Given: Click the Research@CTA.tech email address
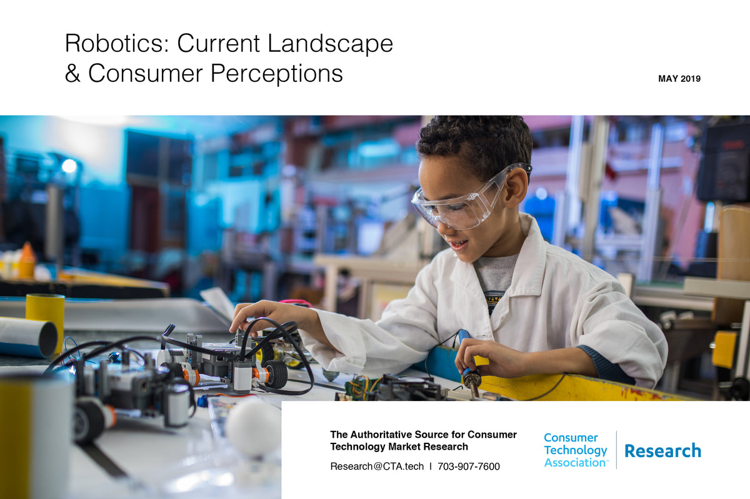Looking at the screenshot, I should (377, 466).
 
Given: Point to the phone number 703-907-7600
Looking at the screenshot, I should (468, 466).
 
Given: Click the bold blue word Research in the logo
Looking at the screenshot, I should (662, 450).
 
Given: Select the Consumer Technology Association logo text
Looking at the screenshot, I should (575, 450).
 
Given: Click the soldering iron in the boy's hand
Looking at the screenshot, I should (468, 362).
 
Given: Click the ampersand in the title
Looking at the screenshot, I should (72, 73).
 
